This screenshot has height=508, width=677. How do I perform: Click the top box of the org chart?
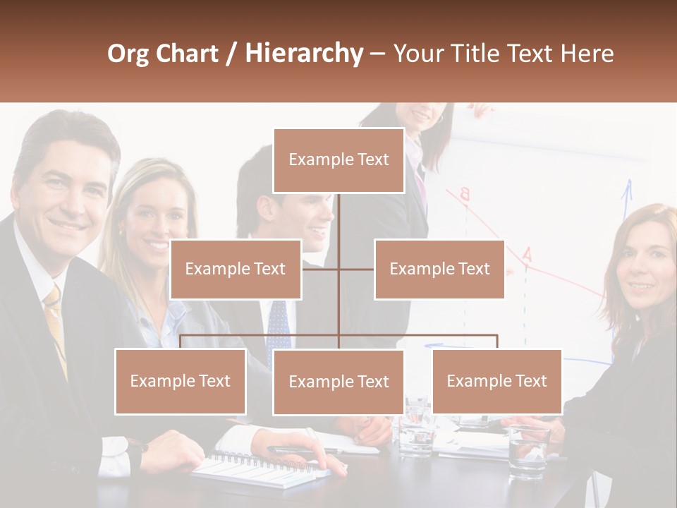tap(338, 160)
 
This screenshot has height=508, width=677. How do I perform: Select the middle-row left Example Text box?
tap(236, 269)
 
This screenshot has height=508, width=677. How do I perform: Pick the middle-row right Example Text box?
tap(439, 269)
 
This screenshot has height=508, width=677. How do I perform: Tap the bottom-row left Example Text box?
tap(181, 381)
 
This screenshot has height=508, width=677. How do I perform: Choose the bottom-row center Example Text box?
tap(338, 382)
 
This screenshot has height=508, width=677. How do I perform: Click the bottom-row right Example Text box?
tap(496, 381)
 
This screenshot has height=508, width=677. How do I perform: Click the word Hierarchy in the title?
tap(303, 54)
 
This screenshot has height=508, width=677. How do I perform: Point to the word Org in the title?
tap(128, 54)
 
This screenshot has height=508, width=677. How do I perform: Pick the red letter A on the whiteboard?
tap(527, 255)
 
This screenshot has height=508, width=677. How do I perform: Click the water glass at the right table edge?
tap(527, 452)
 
